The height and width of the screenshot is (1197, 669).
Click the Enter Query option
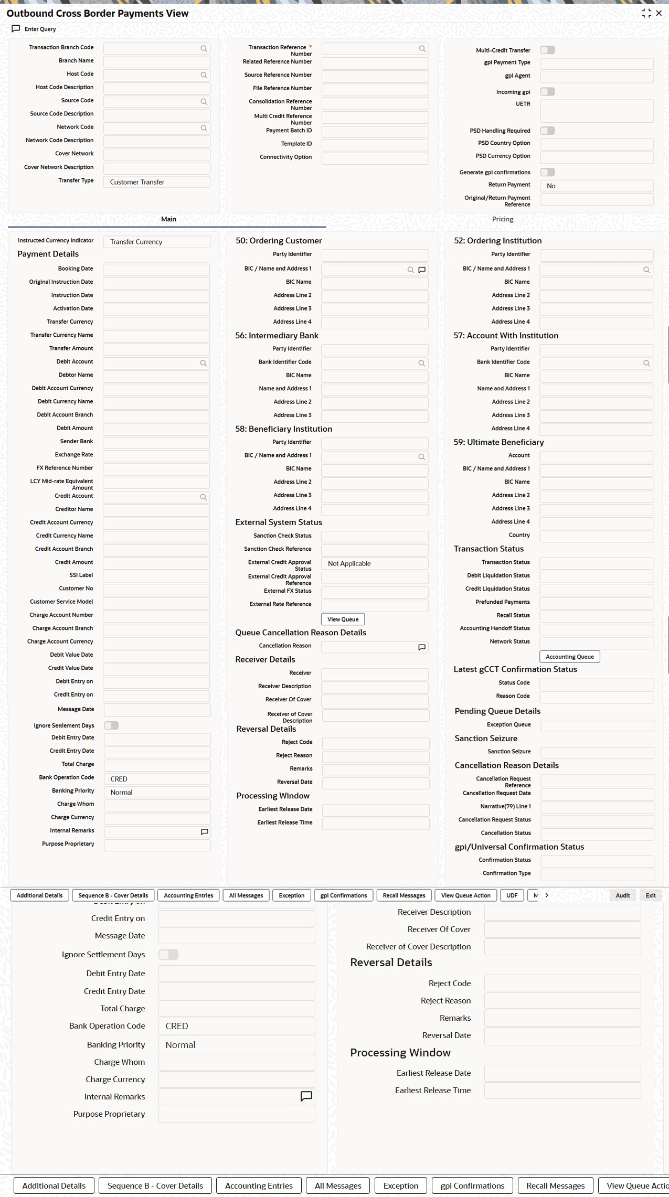(x=34, y=29)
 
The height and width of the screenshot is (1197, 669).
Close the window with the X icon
(x=659, y=13)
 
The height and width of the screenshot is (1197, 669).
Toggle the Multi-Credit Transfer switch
(x=547, y=50)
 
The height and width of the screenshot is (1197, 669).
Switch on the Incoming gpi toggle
(x=547, y=92)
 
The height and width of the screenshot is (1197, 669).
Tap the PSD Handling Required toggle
(x=547, y=131)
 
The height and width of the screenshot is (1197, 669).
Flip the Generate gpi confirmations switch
(x=547, y=172)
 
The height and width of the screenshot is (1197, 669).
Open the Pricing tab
(x=502, y=219)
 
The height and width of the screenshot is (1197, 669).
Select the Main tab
(x=168, y=219)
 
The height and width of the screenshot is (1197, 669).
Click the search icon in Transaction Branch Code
(x=204, y=49)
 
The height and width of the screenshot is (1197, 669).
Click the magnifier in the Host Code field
(x=204, y=76)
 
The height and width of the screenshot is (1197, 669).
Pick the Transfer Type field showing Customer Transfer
(x=156, y=182)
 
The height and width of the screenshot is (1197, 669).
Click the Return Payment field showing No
(x=596, y=186)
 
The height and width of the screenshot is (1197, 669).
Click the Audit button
(x=622, y=895)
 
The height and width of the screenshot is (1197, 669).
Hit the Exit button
(x=650, y=895)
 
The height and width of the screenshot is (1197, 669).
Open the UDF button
(x=512, y=895)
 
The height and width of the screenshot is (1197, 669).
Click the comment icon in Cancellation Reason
(x=421, y=647)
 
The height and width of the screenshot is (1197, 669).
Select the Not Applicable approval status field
(x=374, y=563)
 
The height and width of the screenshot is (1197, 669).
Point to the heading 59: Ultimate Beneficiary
(x=498, y=442)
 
